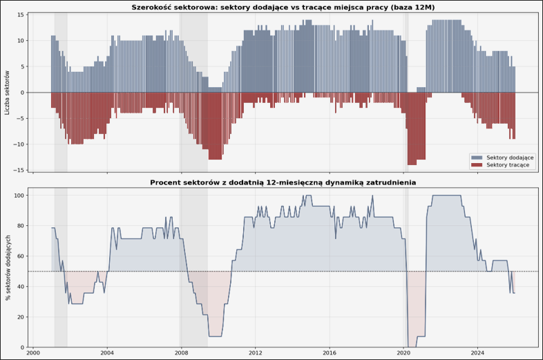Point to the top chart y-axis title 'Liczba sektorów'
pyautogui.click(x=8, y=93)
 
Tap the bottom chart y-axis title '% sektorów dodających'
pyautogui.click(x=8, y=267)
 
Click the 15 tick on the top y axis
pyautogui.click(x=21, y=15)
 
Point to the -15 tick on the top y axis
pyautogui.click(x=20, y=170)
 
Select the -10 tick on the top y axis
pyautogui.click(x=20, y=144)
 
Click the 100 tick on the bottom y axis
pyautogui.click(x=19, y=196)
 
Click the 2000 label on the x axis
pyautogui.click(x=32, y=353)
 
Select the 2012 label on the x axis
pyautogui.click(x=255, y=353)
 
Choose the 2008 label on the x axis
pyautogui.click(x=181, y=353)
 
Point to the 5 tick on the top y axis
pyautogui.click(x=23, y=66)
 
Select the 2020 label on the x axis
pyautogui.click(x=403, y=353)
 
